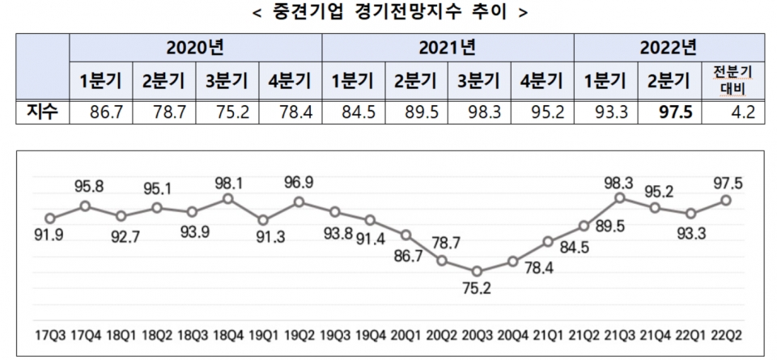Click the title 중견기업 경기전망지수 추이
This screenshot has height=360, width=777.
point(389,12)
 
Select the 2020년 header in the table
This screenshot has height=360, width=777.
point(195,47)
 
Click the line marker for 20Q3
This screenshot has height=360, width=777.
point(477,272)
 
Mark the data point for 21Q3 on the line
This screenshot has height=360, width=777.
point(619,197)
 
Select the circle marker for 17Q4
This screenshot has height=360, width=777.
point(85,206)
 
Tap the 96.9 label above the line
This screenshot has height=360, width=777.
point(299,183)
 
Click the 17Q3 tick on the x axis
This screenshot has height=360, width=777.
point(50,332)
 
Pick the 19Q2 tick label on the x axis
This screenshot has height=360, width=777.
point(299,332)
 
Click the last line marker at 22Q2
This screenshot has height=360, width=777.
point(726,200)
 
